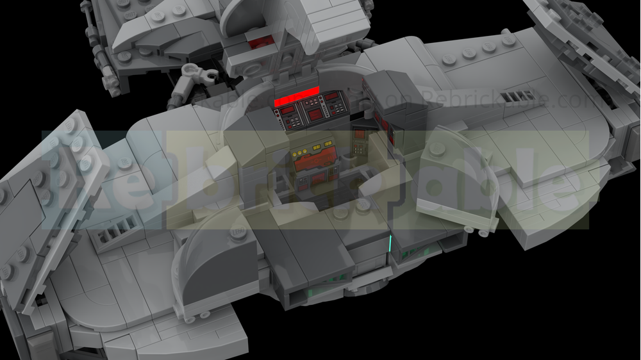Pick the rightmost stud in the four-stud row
(x=509, y=40)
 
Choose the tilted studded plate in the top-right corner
(x=577, y=38)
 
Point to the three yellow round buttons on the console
(x=299, y=153)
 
